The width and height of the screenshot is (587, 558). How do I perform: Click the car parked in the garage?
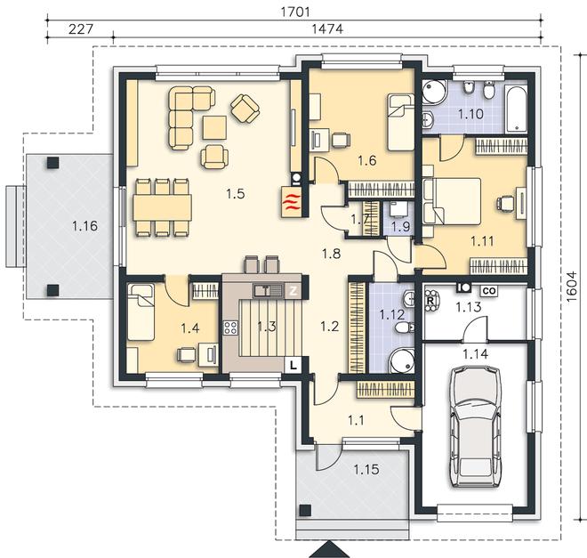476,426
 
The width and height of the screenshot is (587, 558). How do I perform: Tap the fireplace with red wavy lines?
291,201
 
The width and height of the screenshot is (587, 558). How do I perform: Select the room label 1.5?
235,194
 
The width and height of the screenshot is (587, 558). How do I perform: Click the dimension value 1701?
295,12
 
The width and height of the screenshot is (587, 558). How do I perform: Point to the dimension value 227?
80,28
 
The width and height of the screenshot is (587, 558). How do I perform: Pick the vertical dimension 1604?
572,287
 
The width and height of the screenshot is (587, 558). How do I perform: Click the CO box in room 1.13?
489,291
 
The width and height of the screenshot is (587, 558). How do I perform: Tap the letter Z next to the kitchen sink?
293,291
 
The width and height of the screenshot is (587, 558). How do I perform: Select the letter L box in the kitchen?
293,365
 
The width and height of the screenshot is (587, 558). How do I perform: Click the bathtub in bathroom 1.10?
516,109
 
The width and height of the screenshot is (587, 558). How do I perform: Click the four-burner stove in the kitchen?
230,328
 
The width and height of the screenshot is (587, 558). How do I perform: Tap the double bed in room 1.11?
452,201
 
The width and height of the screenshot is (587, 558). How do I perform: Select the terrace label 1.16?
85,226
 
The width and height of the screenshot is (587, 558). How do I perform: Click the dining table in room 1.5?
162,207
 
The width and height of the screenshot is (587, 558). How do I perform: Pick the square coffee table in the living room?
215,127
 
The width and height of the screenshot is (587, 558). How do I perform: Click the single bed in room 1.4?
141,312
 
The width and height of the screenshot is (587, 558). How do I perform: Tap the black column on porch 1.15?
305,511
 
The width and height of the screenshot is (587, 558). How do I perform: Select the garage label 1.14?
475,353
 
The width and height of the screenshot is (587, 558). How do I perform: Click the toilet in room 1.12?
405,328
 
